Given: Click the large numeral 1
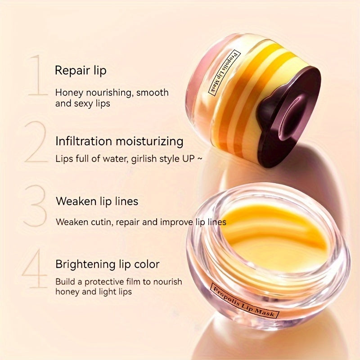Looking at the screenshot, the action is [38, 75].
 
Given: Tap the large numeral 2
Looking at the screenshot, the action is [36, 142].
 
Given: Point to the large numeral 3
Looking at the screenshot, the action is [35, 206].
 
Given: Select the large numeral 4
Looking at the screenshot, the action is [35, 268].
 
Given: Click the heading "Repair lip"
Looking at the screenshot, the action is [81, 71].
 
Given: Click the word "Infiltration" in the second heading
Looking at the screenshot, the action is [84, 141].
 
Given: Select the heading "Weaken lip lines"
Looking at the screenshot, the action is [97, 201].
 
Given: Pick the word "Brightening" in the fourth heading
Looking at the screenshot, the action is [85, 265].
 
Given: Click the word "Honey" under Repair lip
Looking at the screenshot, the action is [69, 93].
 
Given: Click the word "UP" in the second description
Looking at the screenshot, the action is [188, 159].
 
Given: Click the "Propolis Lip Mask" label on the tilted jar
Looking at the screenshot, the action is [224, 72].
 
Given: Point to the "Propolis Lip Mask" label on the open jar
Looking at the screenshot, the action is [245, 300].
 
